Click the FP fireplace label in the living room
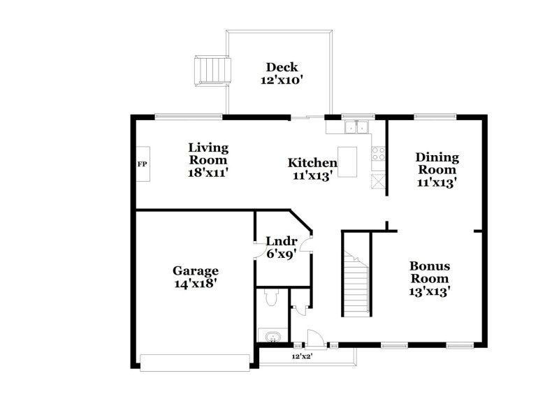coord(142,164)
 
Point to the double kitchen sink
coord(357,126)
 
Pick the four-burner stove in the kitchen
coord(379,153)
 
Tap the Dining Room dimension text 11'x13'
coord(436,182)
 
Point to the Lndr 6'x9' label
coord(282,247)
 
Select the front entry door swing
coord(315,339)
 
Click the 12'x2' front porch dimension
coord(302,356)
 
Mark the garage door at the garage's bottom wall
coord(195,361)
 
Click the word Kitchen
coord(307,164)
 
